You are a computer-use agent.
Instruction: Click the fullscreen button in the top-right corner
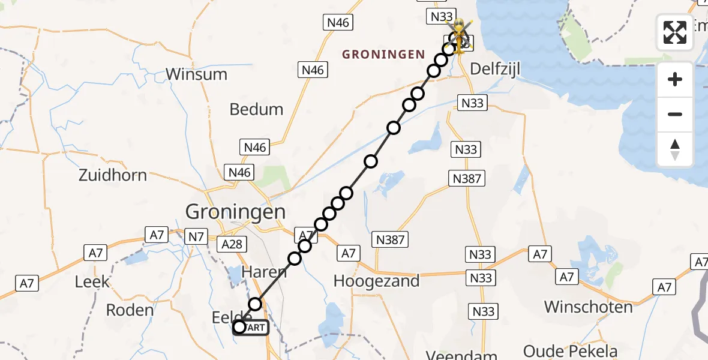(x=675, y=32)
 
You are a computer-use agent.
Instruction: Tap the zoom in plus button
(x=675, y=80)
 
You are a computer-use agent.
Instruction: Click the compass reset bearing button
(x=675, y=149)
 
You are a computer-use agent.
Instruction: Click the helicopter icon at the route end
(x=459, y=35)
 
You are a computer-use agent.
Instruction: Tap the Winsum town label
(x=196, y=74)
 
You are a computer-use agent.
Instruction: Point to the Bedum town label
(x=256, y=109)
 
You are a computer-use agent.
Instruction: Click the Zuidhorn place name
(x=113, y=175)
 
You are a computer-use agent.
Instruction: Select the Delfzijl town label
(x=494, y=69)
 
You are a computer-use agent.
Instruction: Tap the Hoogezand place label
(x=376, y=281)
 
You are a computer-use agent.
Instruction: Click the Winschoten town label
(x=588, y=307)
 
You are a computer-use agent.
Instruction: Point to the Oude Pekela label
(x=570, y=351)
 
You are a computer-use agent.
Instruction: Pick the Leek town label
(x=92, y=281)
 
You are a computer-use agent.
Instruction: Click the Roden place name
(x=130, y=310)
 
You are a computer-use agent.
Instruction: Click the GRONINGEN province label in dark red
(x=383, y=55)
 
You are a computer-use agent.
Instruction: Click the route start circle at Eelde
(x=239, y=327)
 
